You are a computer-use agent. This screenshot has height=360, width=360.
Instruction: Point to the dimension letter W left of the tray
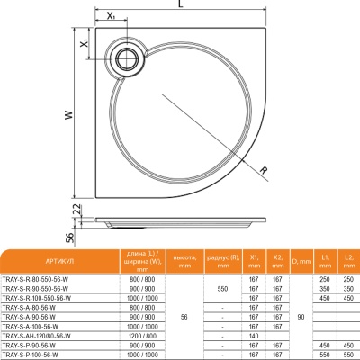tap(68, 114)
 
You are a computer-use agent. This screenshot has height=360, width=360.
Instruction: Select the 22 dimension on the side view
tap(77, 208)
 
